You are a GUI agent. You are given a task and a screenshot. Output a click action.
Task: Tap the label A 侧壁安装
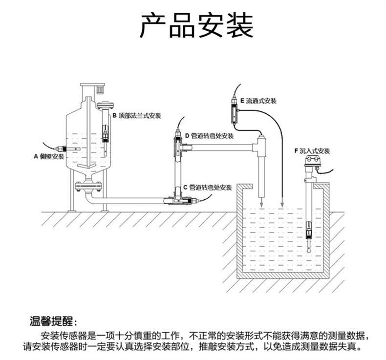tap(48, 156)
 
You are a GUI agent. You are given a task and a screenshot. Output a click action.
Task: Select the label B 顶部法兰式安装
tap(136, 116)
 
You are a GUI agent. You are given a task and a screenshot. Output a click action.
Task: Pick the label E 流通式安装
tap(254, 101)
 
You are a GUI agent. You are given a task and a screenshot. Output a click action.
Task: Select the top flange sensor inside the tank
tap(105, 133)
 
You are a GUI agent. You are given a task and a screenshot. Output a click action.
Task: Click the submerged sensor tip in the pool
tap(309, 230)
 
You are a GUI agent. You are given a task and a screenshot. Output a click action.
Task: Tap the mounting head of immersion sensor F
tap(311, 163)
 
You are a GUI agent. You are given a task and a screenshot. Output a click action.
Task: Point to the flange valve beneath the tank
tap(88, 186)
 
